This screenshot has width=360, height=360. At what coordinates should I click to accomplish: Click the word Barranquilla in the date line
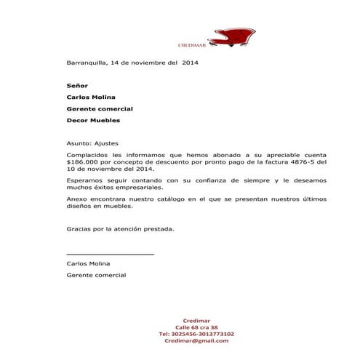pyautogui.click(x=87, y=63)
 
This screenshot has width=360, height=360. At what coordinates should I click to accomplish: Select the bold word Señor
pyautogui.click(x=77, y=85)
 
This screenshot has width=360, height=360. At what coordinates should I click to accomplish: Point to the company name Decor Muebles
pyautogui.click(x=94, y=120)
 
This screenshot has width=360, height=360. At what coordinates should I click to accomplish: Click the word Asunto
pyautogui.click(x=79, y=143)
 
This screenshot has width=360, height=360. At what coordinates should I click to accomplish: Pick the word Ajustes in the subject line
pyautogui.click(x=107, y=143)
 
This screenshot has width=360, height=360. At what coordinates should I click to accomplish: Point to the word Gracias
pyautogui.click(x=79, y=228)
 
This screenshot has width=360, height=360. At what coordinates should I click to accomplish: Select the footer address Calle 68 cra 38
pyautogui.click(x=196, y=327)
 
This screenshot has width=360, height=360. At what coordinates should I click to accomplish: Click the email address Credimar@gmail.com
pyautogui.click(x=196, y=340)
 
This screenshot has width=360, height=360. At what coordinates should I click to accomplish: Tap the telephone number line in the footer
pyautogui.click(x=196, y=334)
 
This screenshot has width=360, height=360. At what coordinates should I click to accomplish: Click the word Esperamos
pyautogui.click(x=84, y=180)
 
